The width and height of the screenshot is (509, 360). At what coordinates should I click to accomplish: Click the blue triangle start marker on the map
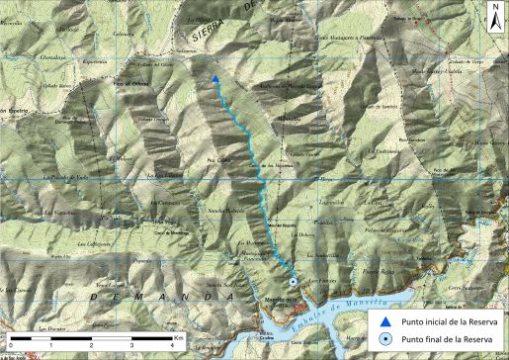[x=215, y=79]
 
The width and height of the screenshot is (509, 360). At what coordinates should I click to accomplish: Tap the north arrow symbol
[x=494, y=15]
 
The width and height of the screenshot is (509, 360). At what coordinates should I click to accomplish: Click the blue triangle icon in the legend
[x=385, y=320]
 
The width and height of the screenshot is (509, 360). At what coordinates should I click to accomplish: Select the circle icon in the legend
[x=385, y=338]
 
